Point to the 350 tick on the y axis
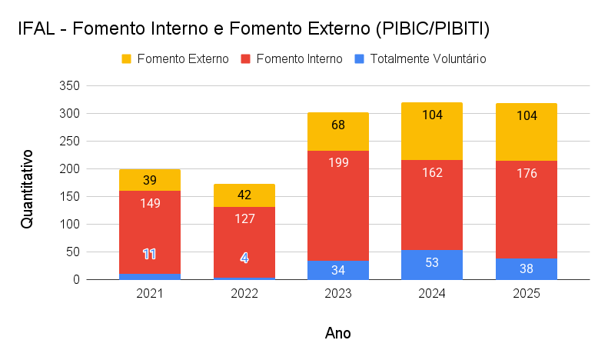(x=70, y=85)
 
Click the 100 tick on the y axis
(x=70, y=225)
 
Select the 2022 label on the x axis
(x=244, y=294)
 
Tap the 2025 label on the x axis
(x=527, y=294)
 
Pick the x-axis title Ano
(x=338, y=333)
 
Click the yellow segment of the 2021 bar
(x=150, y=180)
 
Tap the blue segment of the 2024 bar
(x=432, y=265)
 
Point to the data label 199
(x=338, y=162)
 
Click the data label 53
(x=432, y=263)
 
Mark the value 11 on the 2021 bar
(x=150, y=254)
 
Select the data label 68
(x=338, y=125)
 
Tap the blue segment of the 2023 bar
(x=338, y=270)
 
